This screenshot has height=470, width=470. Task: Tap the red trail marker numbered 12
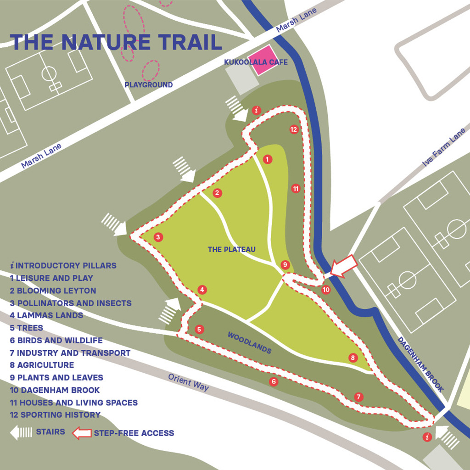(294, 129)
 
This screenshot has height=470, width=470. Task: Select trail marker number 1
(268, 159)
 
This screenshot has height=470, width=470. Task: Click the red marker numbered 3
(158, 237)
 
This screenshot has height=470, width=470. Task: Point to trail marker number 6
(274, 381)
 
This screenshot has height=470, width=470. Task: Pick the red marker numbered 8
(352, 358)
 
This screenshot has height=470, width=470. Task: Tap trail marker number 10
(326, 290)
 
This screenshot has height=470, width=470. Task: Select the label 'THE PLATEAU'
(231, 250)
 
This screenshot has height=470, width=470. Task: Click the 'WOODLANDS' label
(249, 343)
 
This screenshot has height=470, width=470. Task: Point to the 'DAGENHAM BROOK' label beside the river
(420, 364)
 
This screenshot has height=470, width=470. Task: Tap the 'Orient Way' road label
(188, 382)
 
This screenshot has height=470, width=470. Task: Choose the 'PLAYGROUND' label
(149, 85)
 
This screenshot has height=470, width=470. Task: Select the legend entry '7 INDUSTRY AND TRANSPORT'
(70, 353)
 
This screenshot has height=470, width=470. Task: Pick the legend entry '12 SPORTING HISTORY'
(55, 415)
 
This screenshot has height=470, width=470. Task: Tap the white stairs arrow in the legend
(21, 432)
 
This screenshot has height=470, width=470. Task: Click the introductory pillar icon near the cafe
(257, 111)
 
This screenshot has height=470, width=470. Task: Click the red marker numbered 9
(285, 265)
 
